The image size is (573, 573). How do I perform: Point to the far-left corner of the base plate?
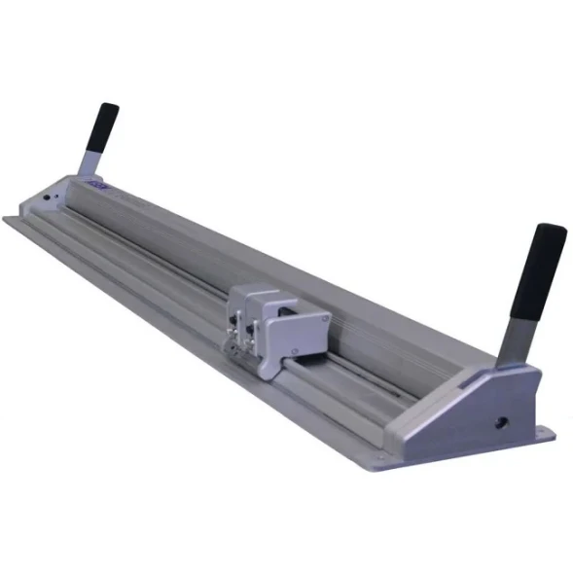click(7, 220)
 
